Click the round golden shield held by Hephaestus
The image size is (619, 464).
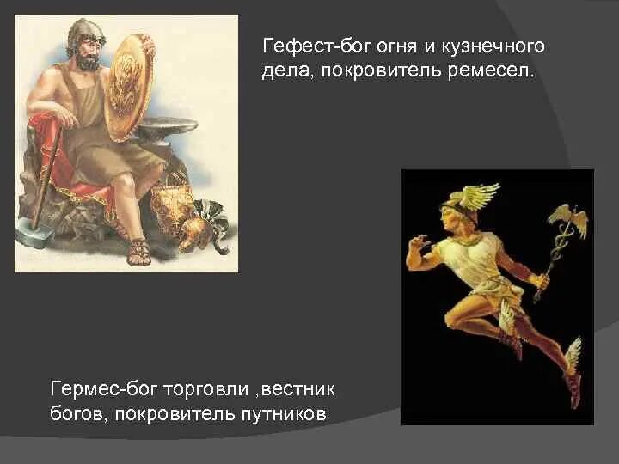(128, 86)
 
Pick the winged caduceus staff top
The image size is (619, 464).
(568, 219)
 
